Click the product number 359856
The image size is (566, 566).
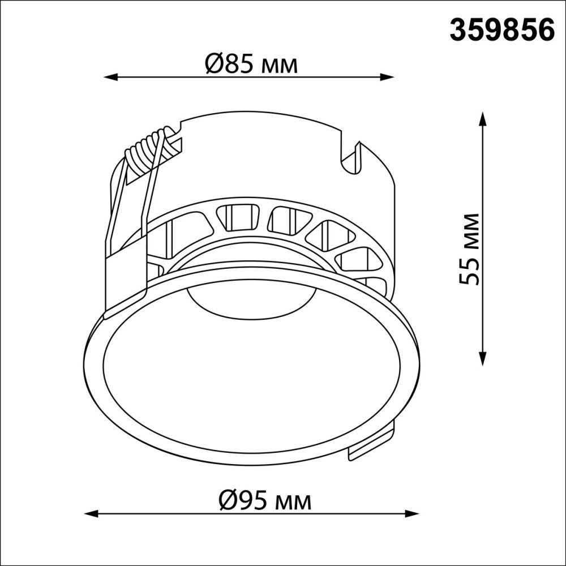click(501, 29)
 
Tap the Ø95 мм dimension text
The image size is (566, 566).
click(264, 500)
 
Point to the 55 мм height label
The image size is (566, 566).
click(471, 249)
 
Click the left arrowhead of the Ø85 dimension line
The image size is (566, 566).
click(109, 76)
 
